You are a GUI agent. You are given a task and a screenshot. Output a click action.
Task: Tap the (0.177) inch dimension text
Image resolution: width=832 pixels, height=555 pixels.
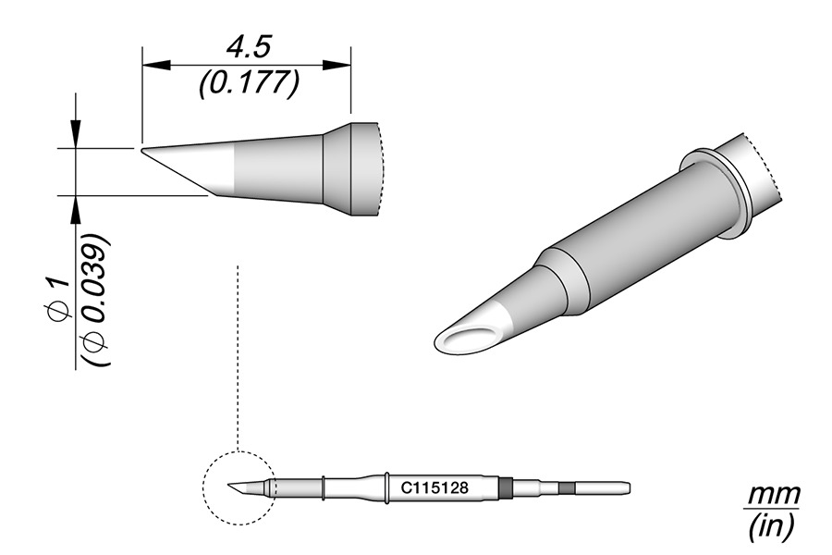pyautogui.click(x=249, y=84)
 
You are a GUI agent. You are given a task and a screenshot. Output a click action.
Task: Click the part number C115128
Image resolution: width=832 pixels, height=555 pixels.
pyautogui.click(x=434, y=487)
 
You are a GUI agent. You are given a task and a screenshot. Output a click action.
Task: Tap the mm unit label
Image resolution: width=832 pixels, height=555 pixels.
pyautogui.click(x=773, y=496)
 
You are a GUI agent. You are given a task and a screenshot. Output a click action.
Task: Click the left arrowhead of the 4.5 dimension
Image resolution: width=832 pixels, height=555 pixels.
pyautogui.click(x=157, y=66)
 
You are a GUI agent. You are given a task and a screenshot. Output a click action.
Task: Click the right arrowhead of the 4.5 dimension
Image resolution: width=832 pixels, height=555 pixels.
pyautogui.click(x=336, y=66)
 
